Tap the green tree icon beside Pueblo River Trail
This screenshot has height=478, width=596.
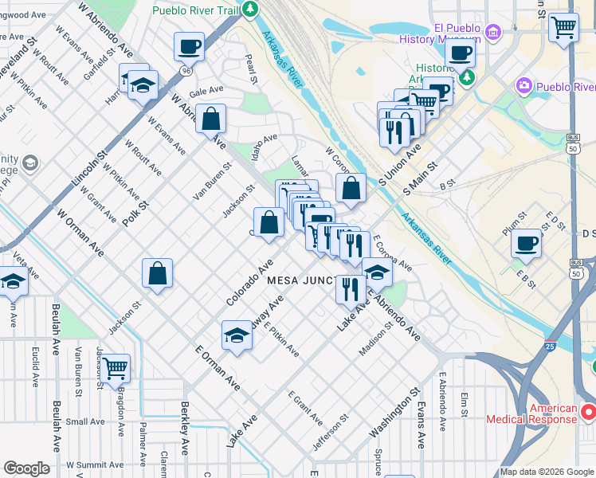tap(251, 10)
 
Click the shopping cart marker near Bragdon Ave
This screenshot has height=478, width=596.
tap(116, 368)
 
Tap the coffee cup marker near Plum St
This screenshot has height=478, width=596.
tap(527, 244)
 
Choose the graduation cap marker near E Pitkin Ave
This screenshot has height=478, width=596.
tap(237, 335)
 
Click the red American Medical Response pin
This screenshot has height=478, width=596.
tap(588, 412)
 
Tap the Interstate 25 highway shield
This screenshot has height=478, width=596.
tap(550, 346)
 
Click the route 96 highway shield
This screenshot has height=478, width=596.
tap(185, 70)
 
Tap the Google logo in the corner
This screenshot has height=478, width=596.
tap(26, 468)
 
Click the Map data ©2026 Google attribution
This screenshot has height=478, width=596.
tap(547, 472)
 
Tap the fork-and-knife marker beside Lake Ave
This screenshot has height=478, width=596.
tap(350, 290)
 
